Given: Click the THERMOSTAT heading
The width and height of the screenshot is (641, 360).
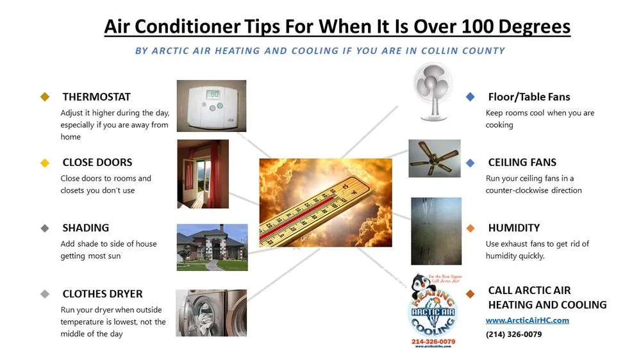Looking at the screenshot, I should pyautogui.click(x=96, y=97).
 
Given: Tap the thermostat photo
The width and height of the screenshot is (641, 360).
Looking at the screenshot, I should pyautogui.click(x=211, y=106).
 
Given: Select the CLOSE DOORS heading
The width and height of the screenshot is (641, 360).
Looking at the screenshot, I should pyautogui.click(x=97, y=162).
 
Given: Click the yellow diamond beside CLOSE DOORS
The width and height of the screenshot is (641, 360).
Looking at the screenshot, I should pyautogui.click(x=45, y=163).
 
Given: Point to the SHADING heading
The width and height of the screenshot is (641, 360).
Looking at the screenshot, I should pyautogui.click(x=86, y=227).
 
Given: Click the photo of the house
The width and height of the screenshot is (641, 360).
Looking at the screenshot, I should pyautogui.click(x=212, y=247).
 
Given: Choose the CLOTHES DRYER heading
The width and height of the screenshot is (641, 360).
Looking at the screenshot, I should pyautogui.click(x=103, y=294).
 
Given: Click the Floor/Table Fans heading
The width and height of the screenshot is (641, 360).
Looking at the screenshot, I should pyautogui.click(x=529, y=97).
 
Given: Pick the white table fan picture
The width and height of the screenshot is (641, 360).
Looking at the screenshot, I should pyautogui.click(x=433, y=90).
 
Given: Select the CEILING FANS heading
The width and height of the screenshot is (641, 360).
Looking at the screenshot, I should pyautogui.click(x=522, y=162).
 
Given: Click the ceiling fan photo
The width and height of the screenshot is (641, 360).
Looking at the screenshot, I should pyautogui.click(x=435, y=158).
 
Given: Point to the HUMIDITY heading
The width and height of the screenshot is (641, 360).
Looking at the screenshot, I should pyautogui.click(x=514, y=227).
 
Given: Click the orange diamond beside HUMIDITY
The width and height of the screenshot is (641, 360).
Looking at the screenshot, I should pyautogui.click(x=470, y=228).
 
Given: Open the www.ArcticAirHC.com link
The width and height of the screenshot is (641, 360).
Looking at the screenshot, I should pyautogui.click(x=528, y=320).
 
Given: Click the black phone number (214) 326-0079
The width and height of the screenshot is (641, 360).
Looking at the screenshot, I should pyautogui.click(x=513, y=334).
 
